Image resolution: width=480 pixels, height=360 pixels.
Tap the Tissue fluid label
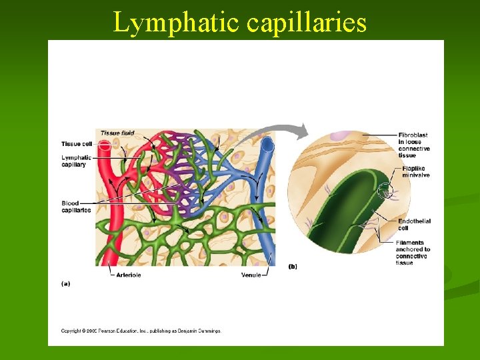[x=117, y=133]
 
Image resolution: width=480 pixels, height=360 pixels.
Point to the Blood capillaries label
[x=76, y=207]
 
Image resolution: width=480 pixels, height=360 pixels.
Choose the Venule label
[x=251, y=275]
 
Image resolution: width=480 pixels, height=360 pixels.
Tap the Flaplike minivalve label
[x=416, y=172]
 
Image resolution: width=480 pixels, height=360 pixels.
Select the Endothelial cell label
[x=414, y=225]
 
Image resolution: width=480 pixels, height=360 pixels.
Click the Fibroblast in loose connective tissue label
[x=414, y=145]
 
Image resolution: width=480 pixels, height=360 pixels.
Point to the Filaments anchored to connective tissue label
[x=413, y=253]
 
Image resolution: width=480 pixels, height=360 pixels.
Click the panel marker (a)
[x=66, y=283]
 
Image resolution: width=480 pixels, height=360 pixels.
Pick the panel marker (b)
[x=293, y=267]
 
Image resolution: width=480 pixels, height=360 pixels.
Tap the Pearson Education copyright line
[x=141, y=331]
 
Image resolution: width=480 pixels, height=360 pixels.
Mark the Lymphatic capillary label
[x=76, y=161]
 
